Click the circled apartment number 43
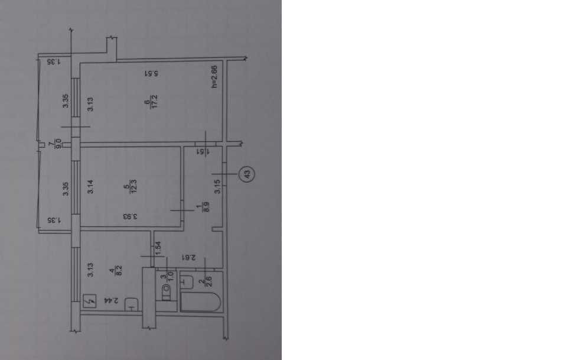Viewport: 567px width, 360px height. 247,174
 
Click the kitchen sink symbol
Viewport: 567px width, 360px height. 131,304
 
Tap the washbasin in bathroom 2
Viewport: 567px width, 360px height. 188,281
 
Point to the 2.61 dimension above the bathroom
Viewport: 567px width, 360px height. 197,258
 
